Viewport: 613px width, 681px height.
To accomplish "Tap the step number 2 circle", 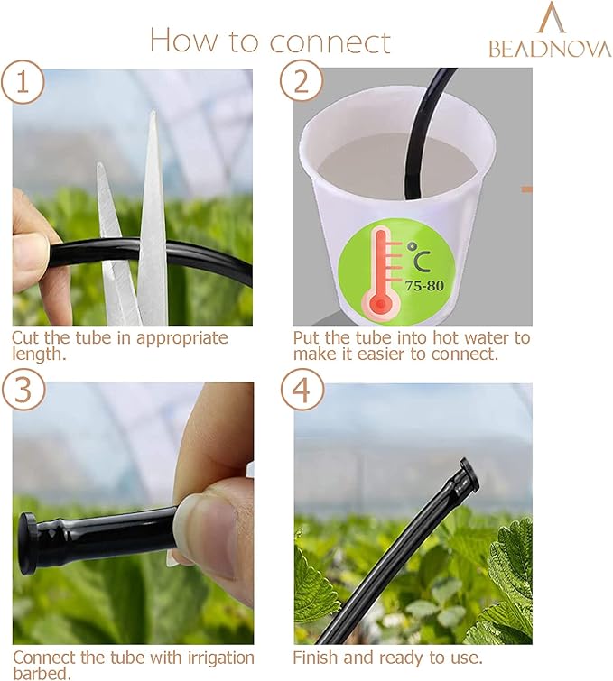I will pos(301,82).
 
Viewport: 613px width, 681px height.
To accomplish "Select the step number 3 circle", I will pos(24,391).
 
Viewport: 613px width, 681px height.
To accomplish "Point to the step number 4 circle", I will pos(301,391).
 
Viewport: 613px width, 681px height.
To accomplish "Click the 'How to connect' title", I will pos(270,41).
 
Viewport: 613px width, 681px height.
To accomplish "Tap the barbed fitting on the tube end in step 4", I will pos(467,475).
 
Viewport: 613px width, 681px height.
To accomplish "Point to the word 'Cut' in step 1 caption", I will pos(25,338).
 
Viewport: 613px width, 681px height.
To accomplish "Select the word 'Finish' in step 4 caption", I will pos(316,658).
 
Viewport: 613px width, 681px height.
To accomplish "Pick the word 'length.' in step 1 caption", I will pos(37,354).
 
